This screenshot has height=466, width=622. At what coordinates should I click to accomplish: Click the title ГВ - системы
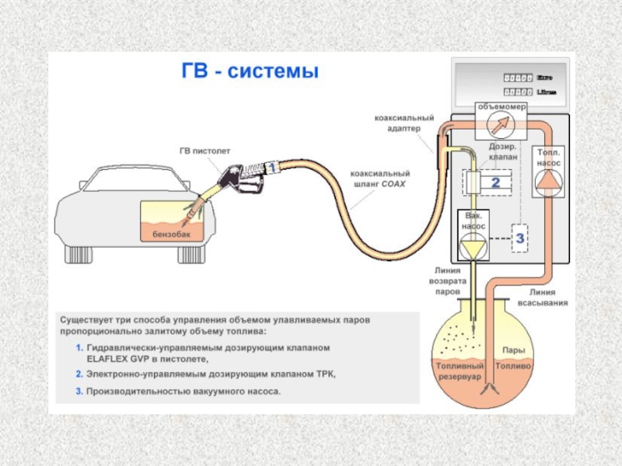pyautogui.click(x=250, y=72)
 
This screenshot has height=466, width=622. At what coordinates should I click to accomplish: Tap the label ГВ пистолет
pyautogui.click(x=204, y=151)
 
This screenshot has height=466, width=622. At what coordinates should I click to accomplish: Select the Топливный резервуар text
pyautogui.click(x=460, y=370)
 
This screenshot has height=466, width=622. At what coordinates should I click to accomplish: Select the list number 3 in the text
pyautogui.click(x=79, y=391)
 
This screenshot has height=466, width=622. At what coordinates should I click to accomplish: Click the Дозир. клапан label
pyautogui.click(x=502, y=151)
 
